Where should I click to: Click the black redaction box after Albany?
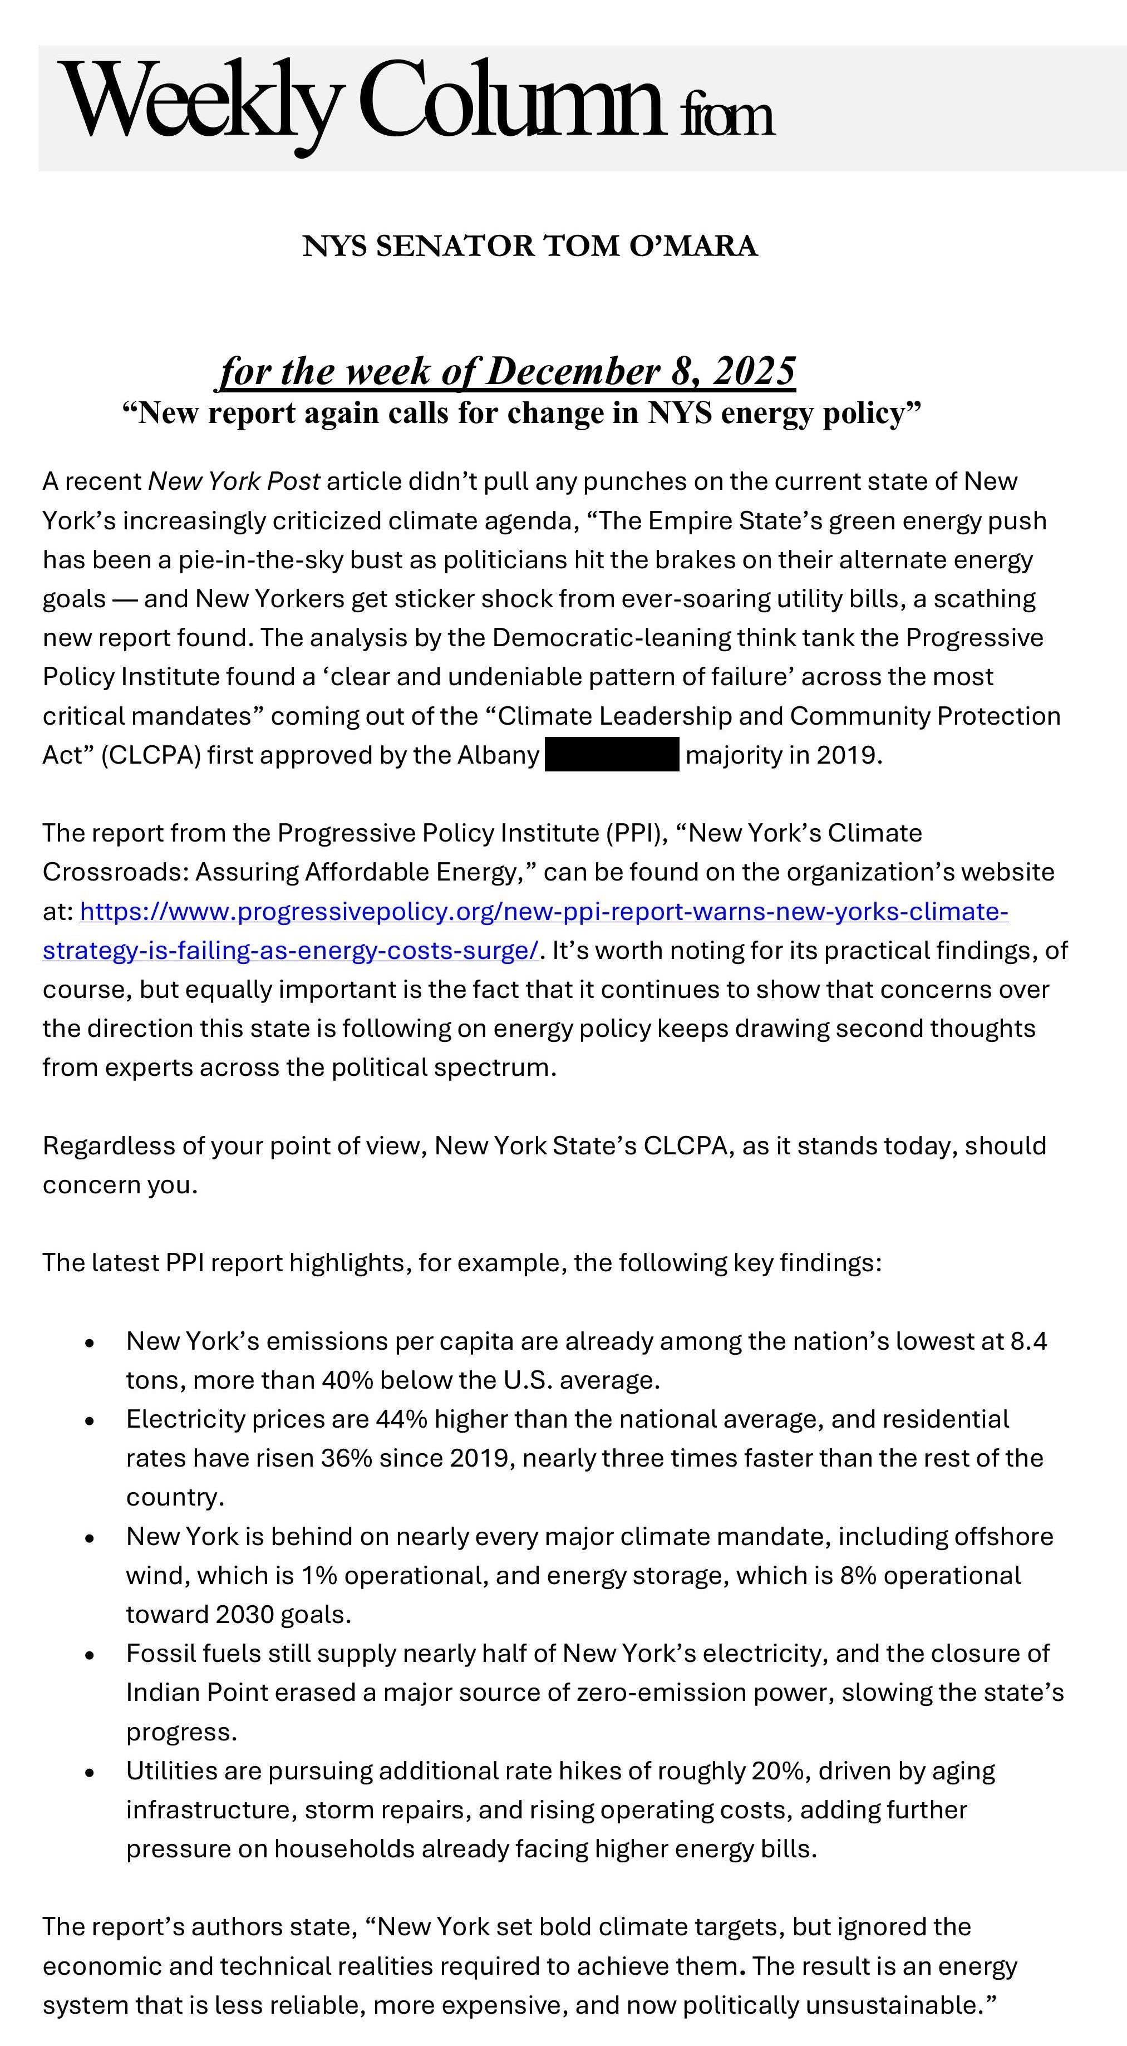click(x=612, y=755)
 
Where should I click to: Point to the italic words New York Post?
click(x=234, y=481)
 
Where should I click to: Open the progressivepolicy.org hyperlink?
click(x=544, y=911)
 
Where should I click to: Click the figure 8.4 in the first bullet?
click(x=1028, y=1341)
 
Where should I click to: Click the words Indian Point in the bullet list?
click(x=197, y=1693)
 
